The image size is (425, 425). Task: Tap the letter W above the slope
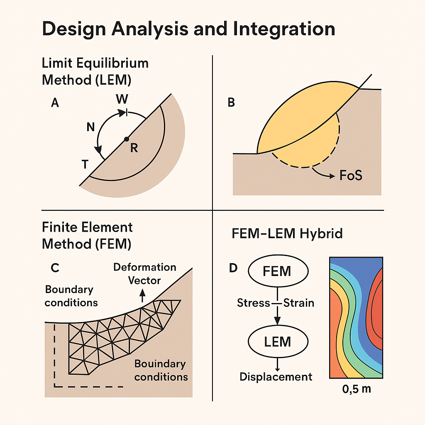point(122,100)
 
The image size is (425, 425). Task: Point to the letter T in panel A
point(85,165)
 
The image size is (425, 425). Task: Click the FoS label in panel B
point(351,175)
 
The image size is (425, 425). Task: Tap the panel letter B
point(231,103)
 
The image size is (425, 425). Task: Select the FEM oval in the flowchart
point(278,271)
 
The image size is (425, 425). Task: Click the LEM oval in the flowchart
point(278,342)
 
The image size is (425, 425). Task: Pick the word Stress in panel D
point(254,303)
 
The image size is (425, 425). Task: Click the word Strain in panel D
point(298,303)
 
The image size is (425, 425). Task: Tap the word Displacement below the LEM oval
point(276,376)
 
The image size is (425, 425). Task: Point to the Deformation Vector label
point(144,274)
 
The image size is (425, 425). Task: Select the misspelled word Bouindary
point(160,364)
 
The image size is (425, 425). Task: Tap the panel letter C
point(54,268)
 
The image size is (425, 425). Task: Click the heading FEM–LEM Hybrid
point(287,234)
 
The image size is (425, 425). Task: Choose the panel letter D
point(233,268)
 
